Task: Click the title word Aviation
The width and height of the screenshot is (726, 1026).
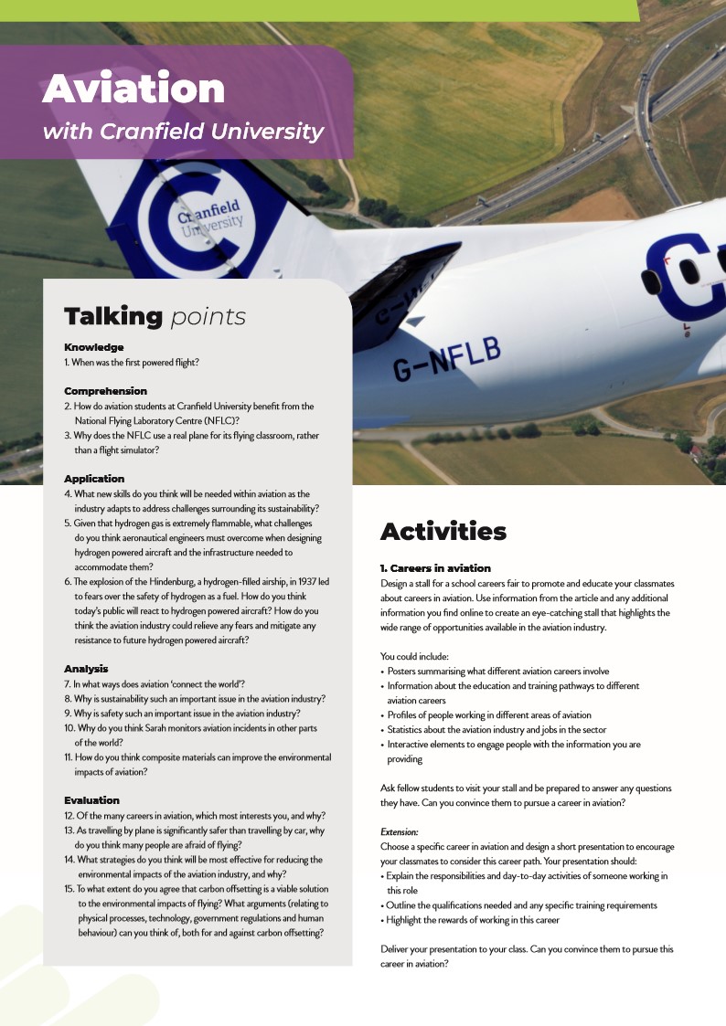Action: [133, 90]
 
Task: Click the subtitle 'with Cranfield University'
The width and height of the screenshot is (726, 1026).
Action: [183, 132]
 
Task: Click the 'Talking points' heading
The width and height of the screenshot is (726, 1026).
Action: [155, 316]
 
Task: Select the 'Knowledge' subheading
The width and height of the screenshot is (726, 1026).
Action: [94, 347]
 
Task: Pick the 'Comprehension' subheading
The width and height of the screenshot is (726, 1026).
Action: [105, 391]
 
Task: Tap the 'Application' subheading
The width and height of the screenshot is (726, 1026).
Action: [94, 479]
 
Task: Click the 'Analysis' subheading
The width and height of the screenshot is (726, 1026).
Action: [86, 669]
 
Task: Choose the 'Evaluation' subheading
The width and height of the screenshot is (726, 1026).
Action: [91, 800]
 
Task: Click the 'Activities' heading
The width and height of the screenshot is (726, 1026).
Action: [443, 531]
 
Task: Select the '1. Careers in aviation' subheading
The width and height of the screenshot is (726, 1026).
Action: [435, 568]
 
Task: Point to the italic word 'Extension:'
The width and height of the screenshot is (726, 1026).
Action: [400, 832]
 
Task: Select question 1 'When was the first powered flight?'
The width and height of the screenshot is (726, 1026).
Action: [132, 362]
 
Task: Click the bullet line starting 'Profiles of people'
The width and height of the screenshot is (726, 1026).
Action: [489, 714]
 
